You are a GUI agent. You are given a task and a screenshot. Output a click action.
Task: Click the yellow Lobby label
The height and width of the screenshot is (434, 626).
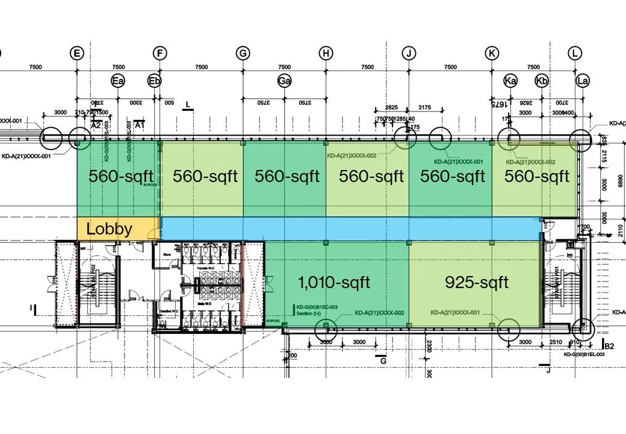click(x=110, y=229)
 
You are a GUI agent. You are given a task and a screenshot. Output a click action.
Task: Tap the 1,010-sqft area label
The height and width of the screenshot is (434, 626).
click(x=334, y=281)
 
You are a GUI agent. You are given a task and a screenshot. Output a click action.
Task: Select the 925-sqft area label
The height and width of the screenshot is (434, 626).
click(x=477, y=281)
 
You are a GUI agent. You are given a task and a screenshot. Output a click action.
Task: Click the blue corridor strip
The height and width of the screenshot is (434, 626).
click(x=349, y=228)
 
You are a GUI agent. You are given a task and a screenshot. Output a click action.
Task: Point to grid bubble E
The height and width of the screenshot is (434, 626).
click(x=76, y=53)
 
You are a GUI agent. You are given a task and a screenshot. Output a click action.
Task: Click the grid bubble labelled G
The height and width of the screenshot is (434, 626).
click(x=243, y=53)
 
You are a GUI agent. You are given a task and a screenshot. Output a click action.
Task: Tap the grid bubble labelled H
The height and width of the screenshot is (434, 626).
click(x=326, y=53)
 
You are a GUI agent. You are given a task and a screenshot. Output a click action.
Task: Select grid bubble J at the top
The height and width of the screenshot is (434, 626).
click(x=409, y=53)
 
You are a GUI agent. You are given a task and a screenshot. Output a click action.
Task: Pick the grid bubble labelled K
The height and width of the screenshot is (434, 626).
click(x=492, y=53)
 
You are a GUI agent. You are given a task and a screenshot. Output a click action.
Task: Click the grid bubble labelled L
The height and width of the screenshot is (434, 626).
click(x=575, y=53)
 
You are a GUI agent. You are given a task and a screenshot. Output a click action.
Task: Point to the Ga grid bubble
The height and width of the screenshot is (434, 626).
click(x=284, y=80)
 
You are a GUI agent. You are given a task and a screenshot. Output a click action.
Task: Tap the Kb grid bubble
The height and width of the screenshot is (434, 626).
click(x=542, y=80)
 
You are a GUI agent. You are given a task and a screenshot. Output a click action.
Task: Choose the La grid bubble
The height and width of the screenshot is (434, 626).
click(x=582, y=80)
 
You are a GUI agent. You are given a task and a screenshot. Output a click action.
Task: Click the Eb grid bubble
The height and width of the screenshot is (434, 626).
click(x=155, y=80)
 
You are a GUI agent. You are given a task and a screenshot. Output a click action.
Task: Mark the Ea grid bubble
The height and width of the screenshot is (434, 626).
click(x=117, y=80)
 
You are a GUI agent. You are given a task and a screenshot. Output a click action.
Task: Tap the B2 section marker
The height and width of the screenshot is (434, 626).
click(x=609, y=345)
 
